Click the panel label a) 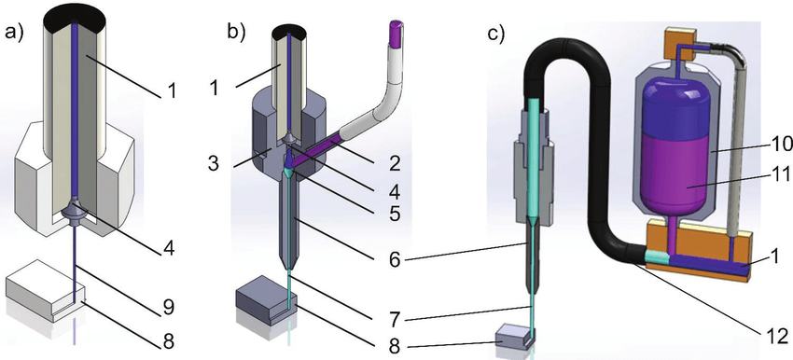(x=15, y=34)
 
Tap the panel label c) (x=495, y=34)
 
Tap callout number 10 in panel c (x=779, y=145)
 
